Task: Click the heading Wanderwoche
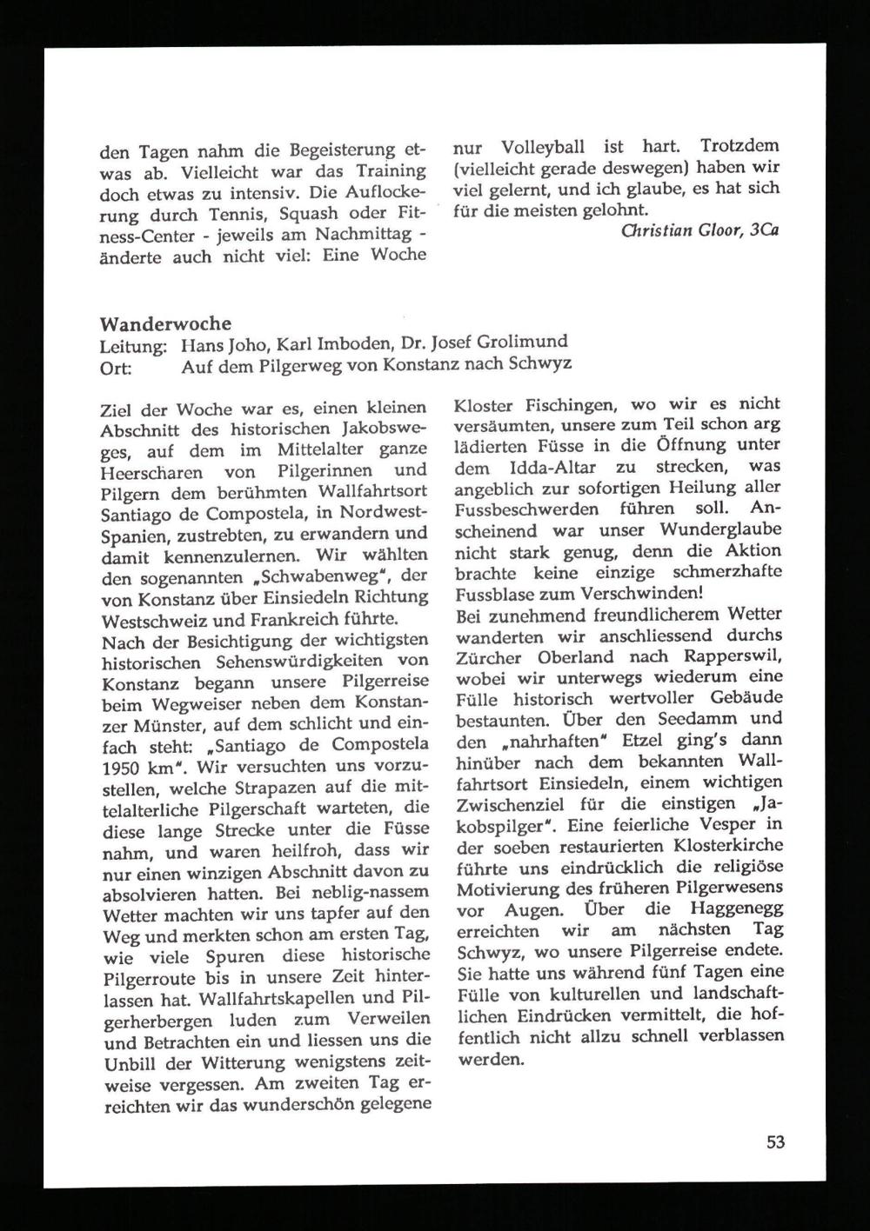point(165,324)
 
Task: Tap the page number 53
point(775,1141)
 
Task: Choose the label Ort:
point(116,367)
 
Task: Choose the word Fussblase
point(495,595)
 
